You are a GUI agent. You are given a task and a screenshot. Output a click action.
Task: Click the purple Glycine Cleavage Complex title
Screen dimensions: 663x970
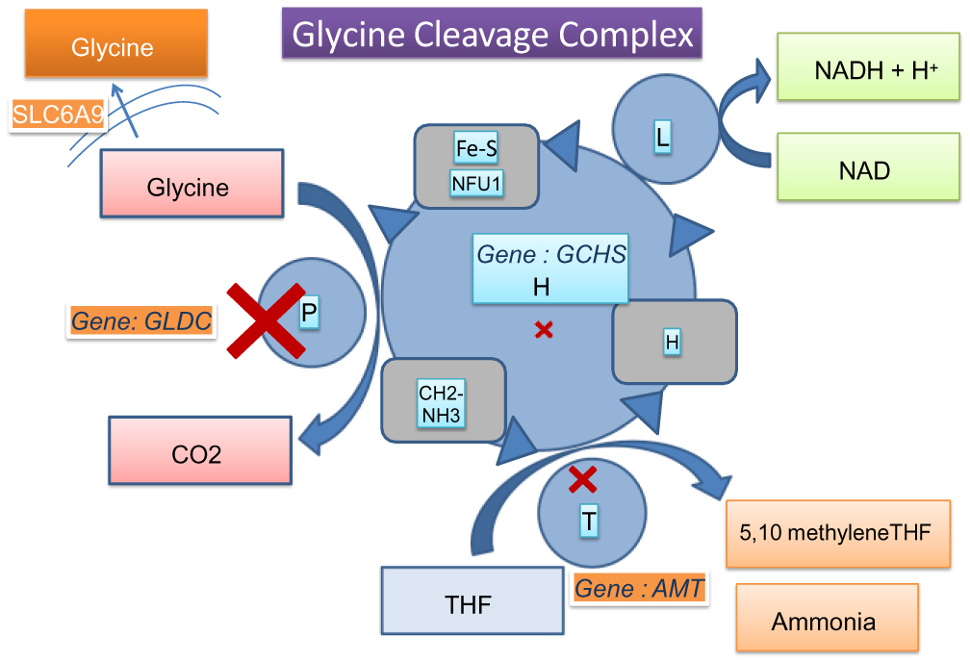click(492, 36)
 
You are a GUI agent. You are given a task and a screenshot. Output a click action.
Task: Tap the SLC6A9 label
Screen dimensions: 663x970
click(59, 115)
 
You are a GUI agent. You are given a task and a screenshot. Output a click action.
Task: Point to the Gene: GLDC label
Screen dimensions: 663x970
click(141, 321)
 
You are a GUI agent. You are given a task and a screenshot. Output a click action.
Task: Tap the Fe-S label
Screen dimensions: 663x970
click(475, 148)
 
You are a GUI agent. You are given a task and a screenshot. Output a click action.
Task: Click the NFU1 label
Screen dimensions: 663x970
click(476, 182)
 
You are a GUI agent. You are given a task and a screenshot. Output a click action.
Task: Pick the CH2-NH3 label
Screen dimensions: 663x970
click(442, 404)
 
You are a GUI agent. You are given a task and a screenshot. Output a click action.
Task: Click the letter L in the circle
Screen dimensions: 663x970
click(662, 138)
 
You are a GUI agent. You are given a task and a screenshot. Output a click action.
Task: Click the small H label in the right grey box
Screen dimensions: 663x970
click(672, 343)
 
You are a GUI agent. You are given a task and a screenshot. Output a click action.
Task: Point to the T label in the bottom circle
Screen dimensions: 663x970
click(589, 521)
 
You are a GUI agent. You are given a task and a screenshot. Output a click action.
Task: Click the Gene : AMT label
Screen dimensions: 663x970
click(639, 588)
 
